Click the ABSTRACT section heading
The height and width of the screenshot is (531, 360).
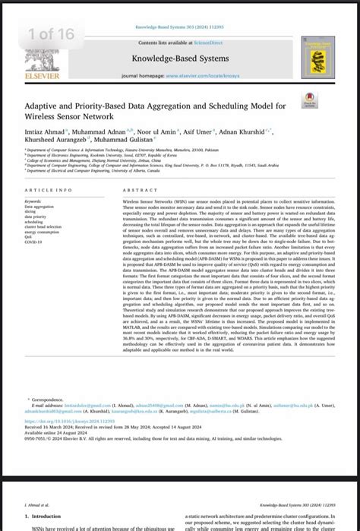point(140,190)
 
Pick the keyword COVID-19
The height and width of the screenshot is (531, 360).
point(33,242)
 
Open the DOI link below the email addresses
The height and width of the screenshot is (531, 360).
point(69,421)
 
